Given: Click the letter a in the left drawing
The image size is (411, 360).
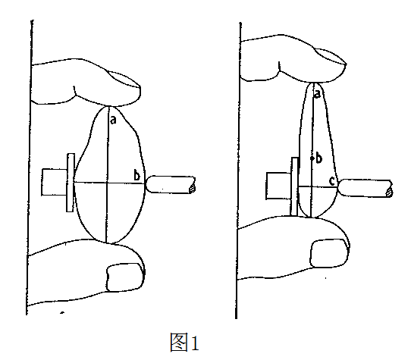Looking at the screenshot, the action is click(x=113, y=120).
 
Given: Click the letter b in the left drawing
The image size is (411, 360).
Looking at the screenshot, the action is click(x=136, y=175).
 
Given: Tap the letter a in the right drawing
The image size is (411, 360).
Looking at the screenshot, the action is click(x=317, y=94).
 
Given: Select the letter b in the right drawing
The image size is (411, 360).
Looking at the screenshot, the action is click(x=318, y=158).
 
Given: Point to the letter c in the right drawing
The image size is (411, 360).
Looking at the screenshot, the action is click(x=332, y=181).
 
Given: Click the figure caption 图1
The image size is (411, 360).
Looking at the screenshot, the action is click(x=185, y=342).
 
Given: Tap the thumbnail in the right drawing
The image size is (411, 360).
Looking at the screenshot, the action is click(x=329, y=253).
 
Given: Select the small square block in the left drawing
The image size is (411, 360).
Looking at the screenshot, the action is click(x=55, y=183).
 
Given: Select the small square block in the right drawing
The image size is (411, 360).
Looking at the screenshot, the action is click(x=278, y=186).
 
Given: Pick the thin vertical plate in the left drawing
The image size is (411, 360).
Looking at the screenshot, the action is click(x=71, y=183).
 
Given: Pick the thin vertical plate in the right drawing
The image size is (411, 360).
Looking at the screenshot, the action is click(x=295, y=186).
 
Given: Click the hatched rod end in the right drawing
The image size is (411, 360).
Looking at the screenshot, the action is click(x=390, y=192).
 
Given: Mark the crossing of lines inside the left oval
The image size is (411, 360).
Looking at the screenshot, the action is click(x=106, y=183).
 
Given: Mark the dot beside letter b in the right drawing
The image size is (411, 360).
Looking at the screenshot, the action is click(x=312, y=158).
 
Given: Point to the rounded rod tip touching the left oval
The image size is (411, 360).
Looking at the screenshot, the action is click(x=149, y=184).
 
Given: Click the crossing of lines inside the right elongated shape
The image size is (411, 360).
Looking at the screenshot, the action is click(x=311, y=186).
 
